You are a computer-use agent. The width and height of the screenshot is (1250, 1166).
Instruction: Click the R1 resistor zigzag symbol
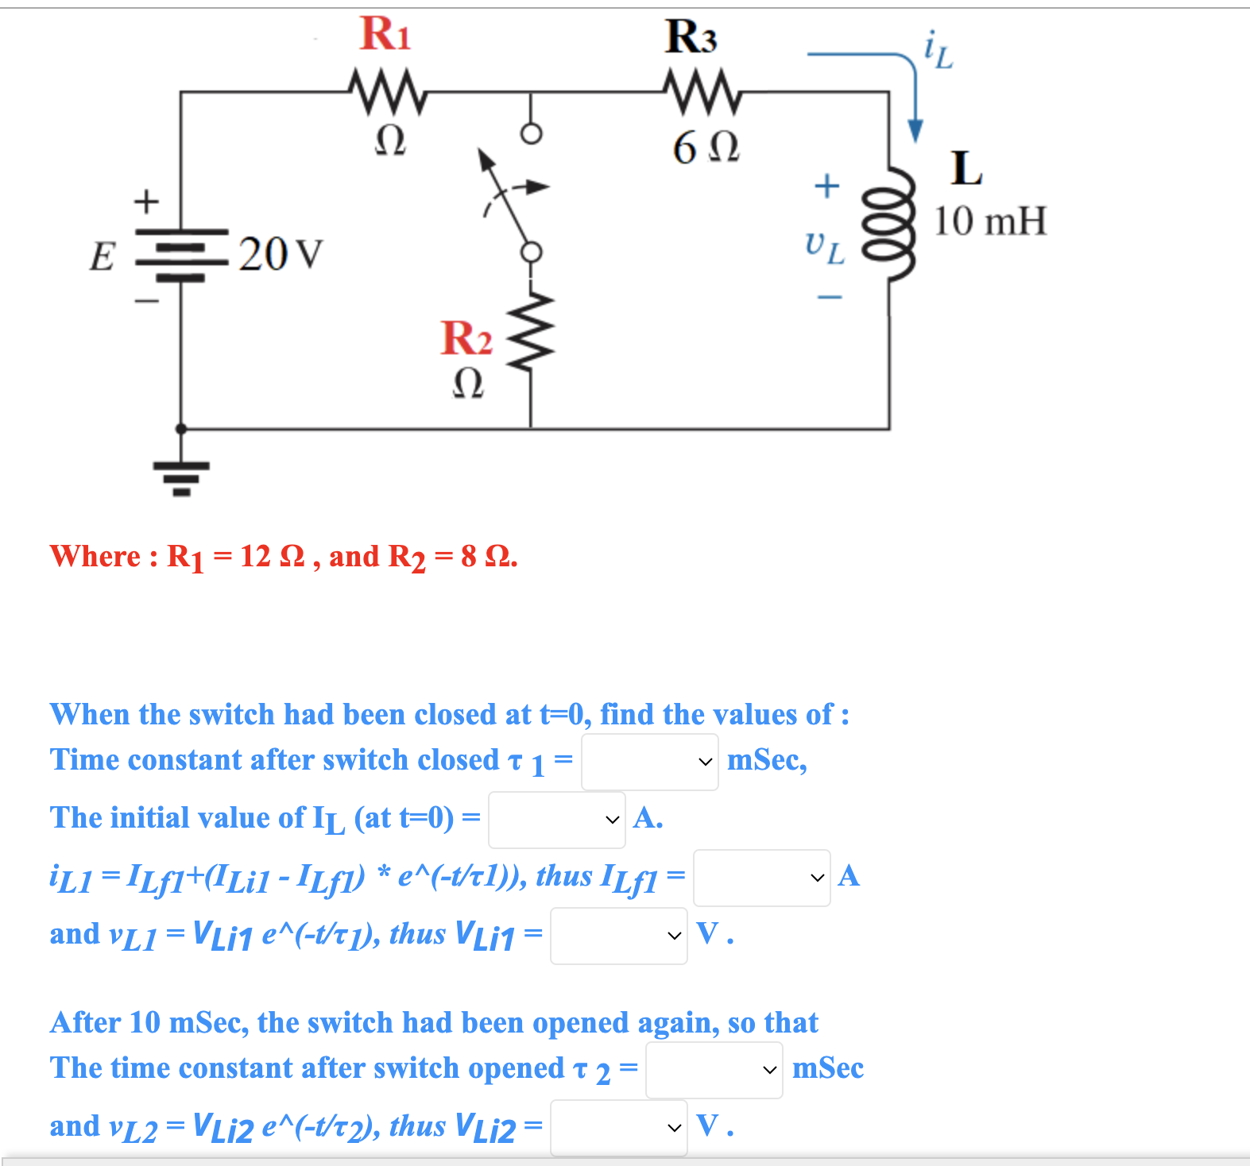(x=388, y=89)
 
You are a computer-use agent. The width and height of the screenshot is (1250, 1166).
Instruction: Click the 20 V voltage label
(x=281, y=255)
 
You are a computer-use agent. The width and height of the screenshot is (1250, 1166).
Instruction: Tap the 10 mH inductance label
(x=989, y=221)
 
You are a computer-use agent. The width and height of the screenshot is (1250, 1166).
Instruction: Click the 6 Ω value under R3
(x=706, y=148)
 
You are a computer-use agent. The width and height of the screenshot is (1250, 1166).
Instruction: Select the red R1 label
(x=385, y=34)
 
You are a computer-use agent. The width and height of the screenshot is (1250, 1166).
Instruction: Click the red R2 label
(x=466, y=338)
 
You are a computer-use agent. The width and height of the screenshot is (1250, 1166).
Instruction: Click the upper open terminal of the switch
(x=531, y=133)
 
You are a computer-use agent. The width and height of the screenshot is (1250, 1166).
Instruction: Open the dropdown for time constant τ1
(x=649, y=762)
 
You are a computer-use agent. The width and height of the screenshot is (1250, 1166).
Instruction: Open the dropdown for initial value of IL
(x=556, y=820)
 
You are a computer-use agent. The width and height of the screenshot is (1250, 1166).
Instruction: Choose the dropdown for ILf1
(x=761, y=878)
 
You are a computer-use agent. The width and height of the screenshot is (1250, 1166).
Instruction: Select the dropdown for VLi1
(x=618, y=936)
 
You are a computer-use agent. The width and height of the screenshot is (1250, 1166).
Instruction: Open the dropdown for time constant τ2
(x=714, y=1070)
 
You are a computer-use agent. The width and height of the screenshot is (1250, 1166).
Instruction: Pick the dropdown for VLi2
(x=618, y=1128)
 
